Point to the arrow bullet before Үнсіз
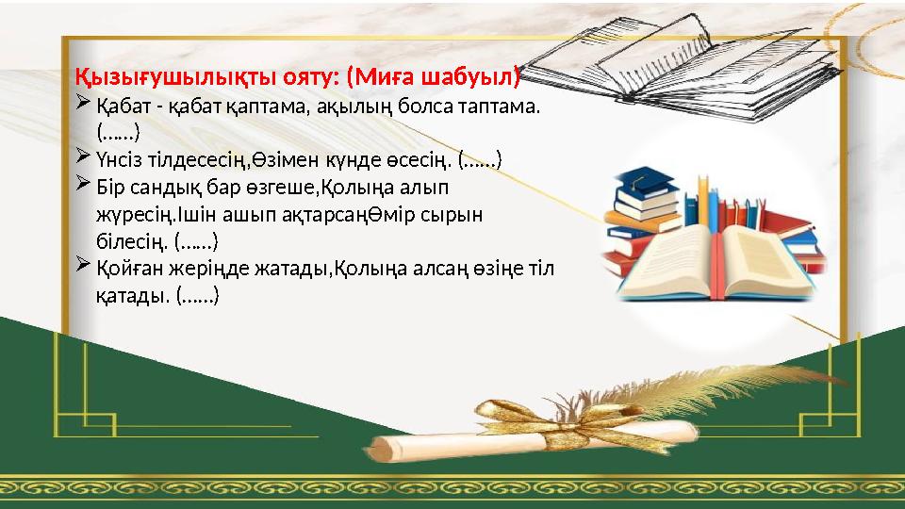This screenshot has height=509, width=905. click(x=82, y=154)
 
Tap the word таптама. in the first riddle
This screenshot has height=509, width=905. click(x=501, y=107)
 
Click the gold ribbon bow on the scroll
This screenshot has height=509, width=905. click(x=523, y=416)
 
